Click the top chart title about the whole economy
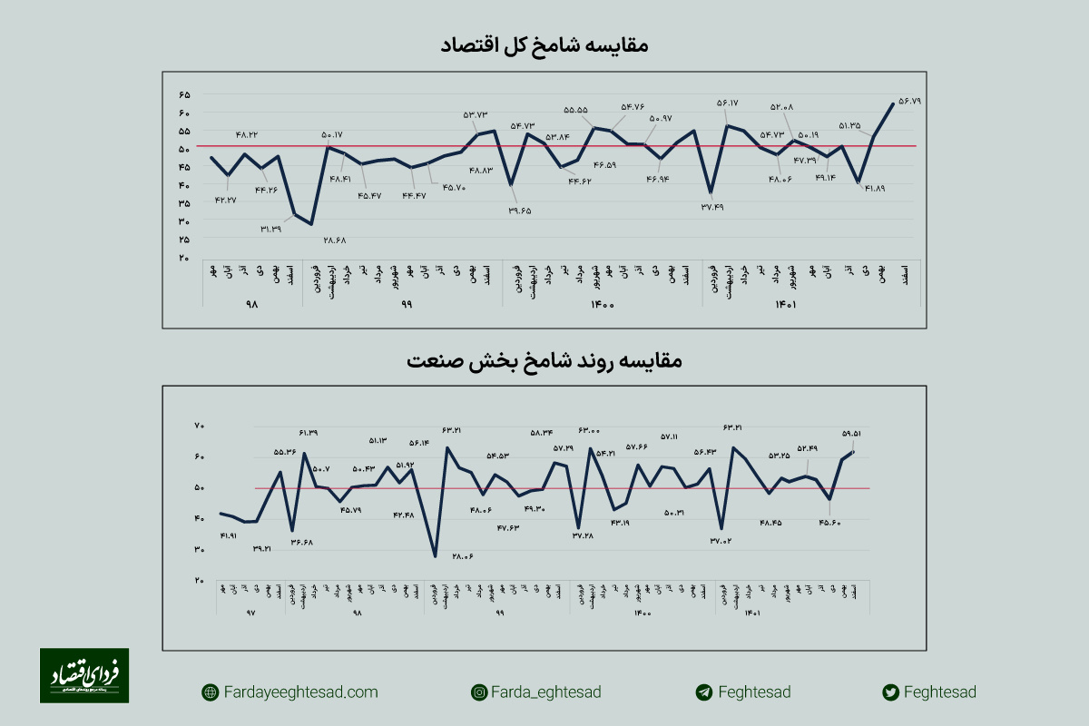[544, 44]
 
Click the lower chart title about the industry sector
[544, 360]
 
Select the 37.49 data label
[711, 207]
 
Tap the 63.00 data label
[589, 429]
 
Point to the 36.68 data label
[302, 543]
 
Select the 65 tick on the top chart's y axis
[184, 95]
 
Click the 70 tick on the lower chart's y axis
[200, 426]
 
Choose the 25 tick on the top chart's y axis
[184, 240]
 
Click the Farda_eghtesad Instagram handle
[545, 692]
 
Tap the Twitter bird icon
[891, 692]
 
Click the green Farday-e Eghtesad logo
[83, 675]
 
